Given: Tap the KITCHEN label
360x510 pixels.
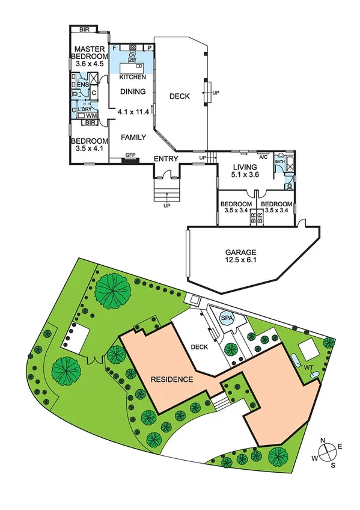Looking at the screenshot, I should pyautogui.click(x=132, y=78).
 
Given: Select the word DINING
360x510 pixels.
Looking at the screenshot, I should pyautogui.click(x=133, y=92).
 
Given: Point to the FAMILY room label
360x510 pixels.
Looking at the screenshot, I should pyautogui.click(x=133, y=137).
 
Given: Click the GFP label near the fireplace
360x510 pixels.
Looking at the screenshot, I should pyautogui.click(x=130, y=155).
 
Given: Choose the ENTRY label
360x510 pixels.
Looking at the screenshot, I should pyautogui.click(x=166, y=159).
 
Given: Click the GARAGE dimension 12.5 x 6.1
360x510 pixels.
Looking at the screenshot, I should pyautogui.click(x=241, y=260).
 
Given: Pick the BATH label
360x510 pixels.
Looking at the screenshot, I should pyautogui.click(x=279, y=162).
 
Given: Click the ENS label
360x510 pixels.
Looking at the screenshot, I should pyautogui.click(x=82, y=85).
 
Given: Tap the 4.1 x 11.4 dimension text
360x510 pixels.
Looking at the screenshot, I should pyautogui.click(x=133, y=112).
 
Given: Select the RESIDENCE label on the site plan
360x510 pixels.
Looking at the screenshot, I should pyautogui.click(x=172, y=379).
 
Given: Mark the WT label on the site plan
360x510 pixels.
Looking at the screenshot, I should pyautogui.click(x=308, y=367).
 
